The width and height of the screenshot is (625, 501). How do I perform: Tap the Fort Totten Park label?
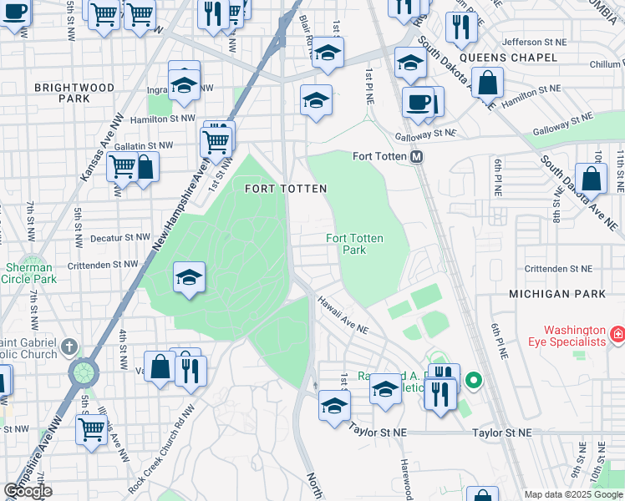pos(355,244)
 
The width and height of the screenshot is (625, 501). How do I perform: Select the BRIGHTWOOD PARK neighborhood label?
pos(63,93)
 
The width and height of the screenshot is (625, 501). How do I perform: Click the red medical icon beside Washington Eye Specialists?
pos(617,335)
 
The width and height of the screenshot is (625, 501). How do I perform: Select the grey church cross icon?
pos(70,346)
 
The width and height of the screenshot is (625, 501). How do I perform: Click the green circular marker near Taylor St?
pos(474,382)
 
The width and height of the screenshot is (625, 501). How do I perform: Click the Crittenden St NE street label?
pos(557,269)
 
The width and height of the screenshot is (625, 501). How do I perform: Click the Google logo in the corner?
pos(28,491)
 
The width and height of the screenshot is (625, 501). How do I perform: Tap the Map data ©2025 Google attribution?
pos(572,494)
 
